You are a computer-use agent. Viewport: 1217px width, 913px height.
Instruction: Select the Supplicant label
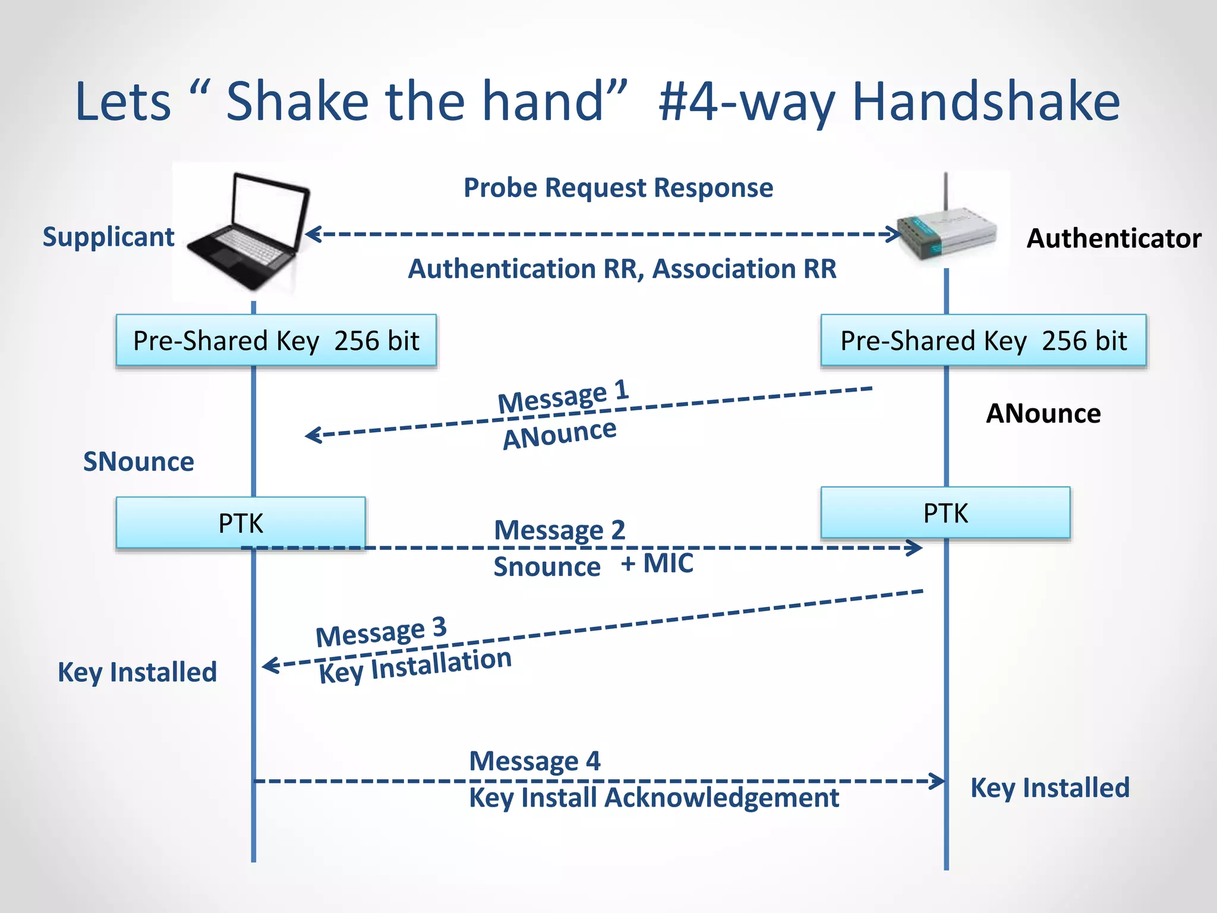pos(109,237)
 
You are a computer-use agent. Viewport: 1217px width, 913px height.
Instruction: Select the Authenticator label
pos(1114,238)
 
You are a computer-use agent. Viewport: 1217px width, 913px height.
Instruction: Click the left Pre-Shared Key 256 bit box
pos(276,341)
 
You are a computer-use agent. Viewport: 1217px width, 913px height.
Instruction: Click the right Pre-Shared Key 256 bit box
pos(983,341)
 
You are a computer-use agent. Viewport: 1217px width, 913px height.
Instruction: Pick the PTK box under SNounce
pos(240,523)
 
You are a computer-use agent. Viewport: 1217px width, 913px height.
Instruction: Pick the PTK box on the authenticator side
pos(945,513)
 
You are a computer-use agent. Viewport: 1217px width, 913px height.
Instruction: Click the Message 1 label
pos(563,396)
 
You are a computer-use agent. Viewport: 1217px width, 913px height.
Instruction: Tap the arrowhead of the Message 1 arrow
pos(310,435)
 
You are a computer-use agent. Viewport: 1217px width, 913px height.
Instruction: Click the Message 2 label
pos(559,530)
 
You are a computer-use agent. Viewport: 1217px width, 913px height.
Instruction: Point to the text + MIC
pos(657,563)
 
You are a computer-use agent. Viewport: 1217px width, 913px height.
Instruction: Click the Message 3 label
pos(380,632)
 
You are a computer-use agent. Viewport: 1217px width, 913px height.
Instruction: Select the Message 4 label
pos(534,761)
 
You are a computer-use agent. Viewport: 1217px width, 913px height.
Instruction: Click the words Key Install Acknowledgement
pos(654,798)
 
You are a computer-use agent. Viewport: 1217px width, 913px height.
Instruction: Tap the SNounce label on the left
pos(138,462)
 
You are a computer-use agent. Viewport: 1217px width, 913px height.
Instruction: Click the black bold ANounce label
pos(1043,414)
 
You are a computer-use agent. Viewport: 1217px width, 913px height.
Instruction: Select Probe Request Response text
pos(618,188)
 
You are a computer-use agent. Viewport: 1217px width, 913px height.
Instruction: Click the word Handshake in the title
pos(985,102)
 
